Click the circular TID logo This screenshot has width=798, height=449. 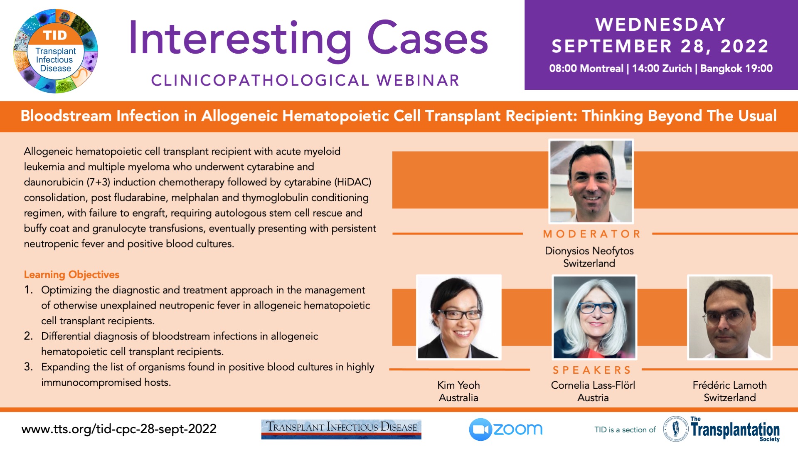coord(55,51)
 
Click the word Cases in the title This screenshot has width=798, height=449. coord(428,38)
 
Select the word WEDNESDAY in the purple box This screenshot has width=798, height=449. coord(660,25)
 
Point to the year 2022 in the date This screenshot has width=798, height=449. coord(744,46)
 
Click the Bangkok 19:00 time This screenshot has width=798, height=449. coord(736,69)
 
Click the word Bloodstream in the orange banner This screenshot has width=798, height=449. coord(66,116)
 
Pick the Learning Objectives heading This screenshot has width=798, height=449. coord(71,275)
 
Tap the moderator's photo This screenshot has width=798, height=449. coord(591,181)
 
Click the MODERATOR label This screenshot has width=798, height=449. coord(592,234)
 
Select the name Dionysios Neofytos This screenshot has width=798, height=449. coord(589,251)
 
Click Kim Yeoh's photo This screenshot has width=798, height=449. coord(459,317)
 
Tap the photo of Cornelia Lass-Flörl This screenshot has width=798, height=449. coord(594,317)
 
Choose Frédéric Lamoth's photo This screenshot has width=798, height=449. coord(730,317)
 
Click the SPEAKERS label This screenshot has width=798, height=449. coord(592,370)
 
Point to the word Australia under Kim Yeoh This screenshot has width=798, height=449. coord(458,398)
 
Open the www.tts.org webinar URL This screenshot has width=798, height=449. coord(119,429)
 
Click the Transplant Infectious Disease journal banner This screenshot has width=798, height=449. coord(341,429)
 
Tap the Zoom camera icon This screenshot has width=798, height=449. coord(480,429)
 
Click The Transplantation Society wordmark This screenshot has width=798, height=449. coord(735,429)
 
